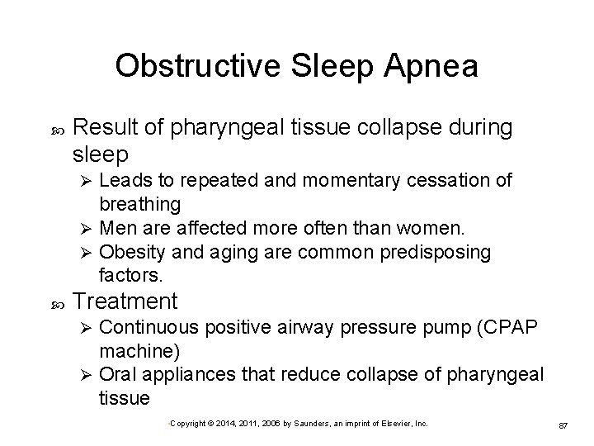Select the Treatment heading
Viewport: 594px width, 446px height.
coord(125,301)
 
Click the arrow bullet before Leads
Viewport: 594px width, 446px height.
coord(82,181)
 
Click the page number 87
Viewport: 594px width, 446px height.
coord(564,425)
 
